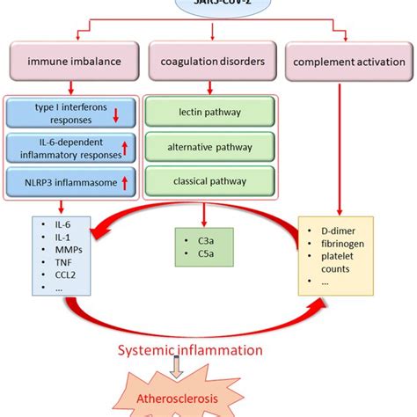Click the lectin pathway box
[x=208, y=113]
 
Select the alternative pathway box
[x=208, y=147]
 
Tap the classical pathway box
[x=208, y=181]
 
